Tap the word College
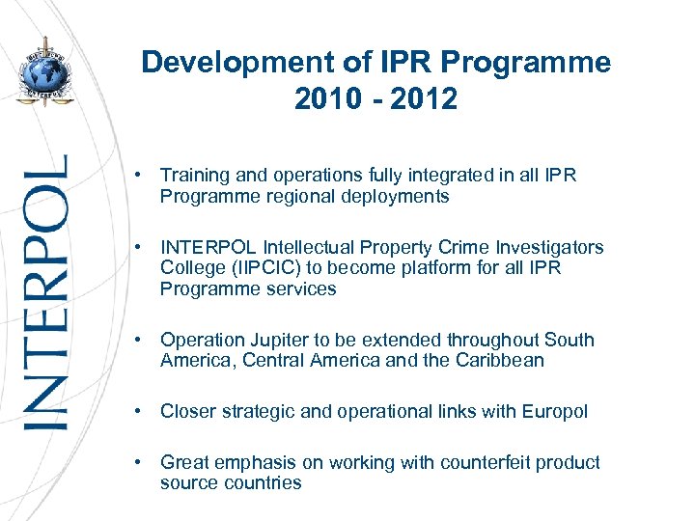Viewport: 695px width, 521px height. click(x=190, y=268)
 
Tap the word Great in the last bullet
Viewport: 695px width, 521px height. click(x=184, y=462)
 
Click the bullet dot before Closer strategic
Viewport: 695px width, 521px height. click(x=140, y=411)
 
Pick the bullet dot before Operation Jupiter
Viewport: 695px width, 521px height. click(x=140, y=340)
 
